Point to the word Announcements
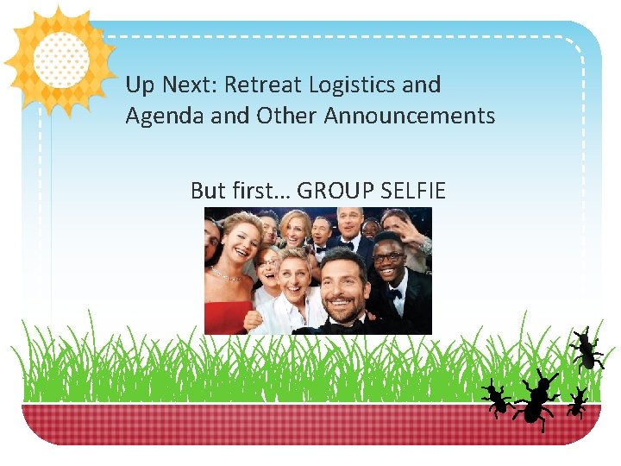point(410,116)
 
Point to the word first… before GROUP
point(257,191)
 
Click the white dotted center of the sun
point(60,59)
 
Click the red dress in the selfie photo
point(227,316)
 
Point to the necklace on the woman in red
point(226,275)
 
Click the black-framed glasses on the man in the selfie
point(388,256)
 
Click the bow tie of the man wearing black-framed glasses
point(393,293)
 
